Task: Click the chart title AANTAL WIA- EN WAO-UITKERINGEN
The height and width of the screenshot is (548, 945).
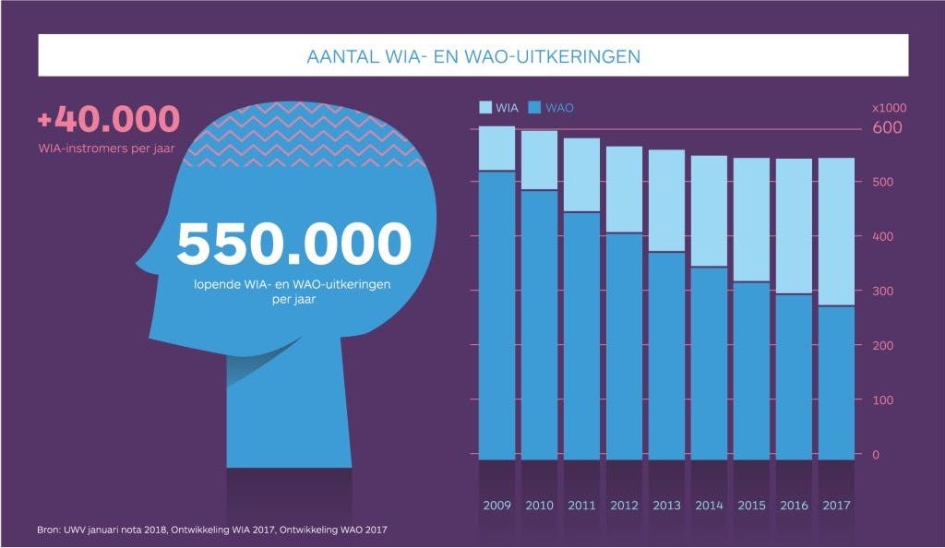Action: pos(472,56)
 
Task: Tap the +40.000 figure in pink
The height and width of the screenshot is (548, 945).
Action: pos(108,120)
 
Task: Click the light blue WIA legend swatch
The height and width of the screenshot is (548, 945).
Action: pos(485,108)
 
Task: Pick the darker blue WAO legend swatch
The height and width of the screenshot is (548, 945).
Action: pos(535,108)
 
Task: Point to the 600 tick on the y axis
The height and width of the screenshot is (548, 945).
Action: pos(887,128)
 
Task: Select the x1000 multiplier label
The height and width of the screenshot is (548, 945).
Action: pos(889,108)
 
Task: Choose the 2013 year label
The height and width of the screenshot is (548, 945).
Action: pos(665,506)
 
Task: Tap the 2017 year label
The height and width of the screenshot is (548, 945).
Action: pos(835,506)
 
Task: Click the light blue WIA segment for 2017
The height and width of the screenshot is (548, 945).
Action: pos(835,231)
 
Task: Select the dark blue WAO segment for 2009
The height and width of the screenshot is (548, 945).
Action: pos(496,314)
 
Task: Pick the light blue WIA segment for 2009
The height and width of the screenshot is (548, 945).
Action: pos(496,148)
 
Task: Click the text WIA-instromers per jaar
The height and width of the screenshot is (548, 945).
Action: pos(107,148)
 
